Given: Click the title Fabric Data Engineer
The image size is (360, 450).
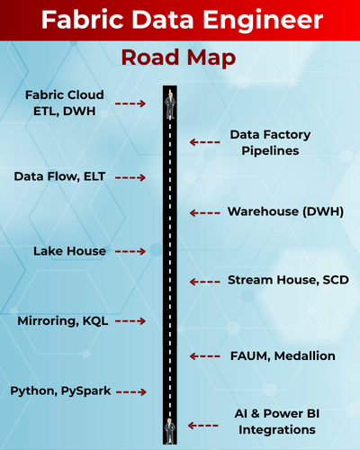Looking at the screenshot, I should [180, 21].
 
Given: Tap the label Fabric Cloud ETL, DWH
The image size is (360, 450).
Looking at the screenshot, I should [65, 103].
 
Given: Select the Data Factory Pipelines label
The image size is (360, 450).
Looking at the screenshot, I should [270, 142].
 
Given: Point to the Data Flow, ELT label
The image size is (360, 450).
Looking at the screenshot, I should [60, 176].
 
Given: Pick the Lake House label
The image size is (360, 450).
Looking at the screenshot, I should [69, 251].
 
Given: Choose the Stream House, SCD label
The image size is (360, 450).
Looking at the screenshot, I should [287, 281].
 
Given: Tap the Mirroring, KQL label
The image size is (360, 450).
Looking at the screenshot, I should [63, 320].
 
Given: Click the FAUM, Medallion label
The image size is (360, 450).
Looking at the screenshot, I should [281, 355].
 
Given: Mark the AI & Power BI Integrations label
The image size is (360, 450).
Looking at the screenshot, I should [271, 422].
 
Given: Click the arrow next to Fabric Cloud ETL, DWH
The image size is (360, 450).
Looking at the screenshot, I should [130, 103].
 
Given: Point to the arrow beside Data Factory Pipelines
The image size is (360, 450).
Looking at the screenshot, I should [205, 142].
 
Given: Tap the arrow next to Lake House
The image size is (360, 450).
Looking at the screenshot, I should [130, 251].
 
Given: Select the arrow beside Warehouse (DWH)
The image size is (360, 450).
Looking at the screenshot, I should [205, 212].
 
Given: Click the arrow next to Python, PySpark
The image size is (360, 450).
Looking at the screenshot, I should [130, 391].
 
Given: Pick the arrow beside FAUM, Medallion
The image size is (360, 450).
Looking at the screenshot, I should [205, 356].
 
